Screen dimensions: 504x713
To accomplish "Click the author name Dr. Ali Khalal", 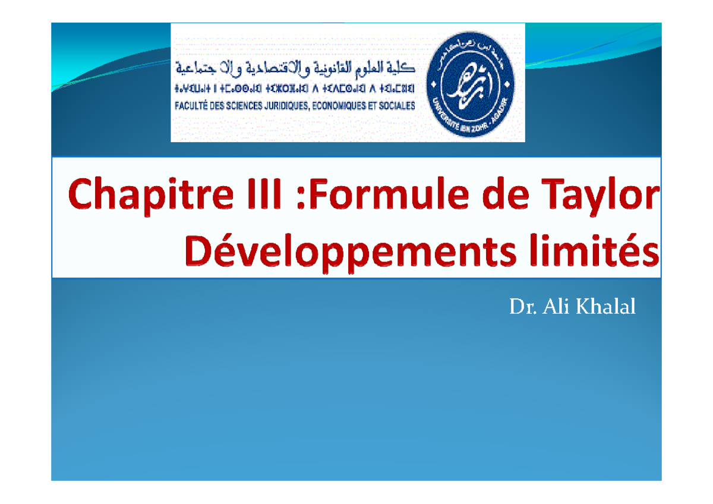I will click(572, 307).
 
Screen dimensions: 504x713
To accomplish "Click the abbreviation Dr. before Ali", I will click(519, 307).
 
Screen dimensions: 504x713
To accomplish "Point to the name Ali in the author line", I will click(550, 307).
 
